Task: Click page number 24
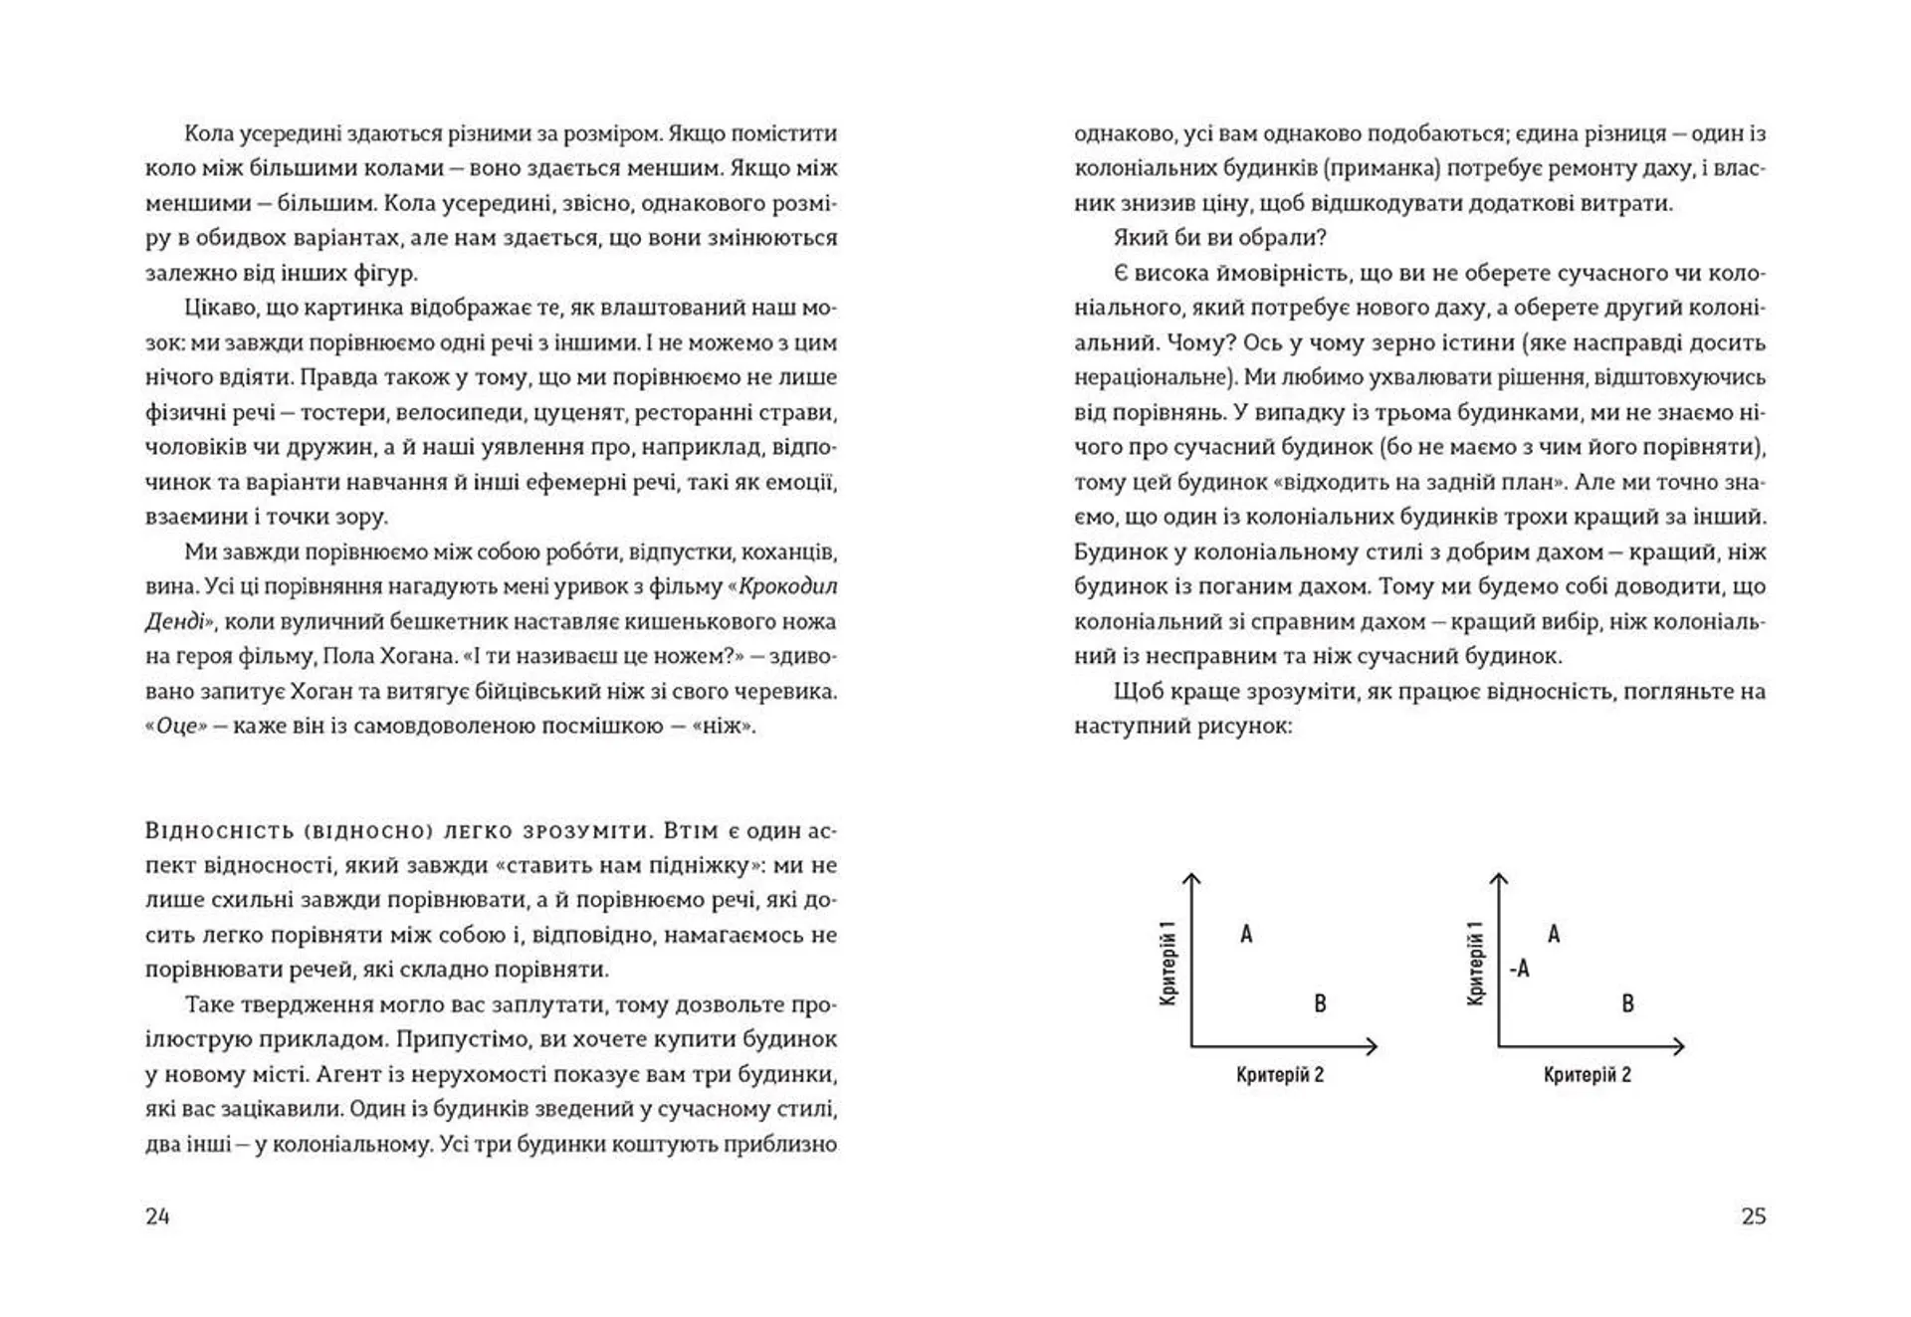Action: (x=157, y=1215)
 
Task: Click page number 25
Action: (x=1753, y=1215)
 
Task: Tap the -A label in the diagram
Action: (x=1519, y=968)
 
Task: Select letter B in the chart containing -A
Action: (x=1627, y=1003)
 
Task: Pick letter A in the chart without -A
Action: (x=1246, y=934)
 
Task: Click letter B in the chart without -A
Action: (x=1320, y=1003)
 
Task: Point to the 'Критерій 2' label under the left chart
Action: (x=1280, y=1075)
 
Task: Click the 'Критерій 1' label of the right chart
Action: (x=1476, y=963)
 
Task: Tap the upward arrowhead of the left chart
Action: (x=1191, y=878)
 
